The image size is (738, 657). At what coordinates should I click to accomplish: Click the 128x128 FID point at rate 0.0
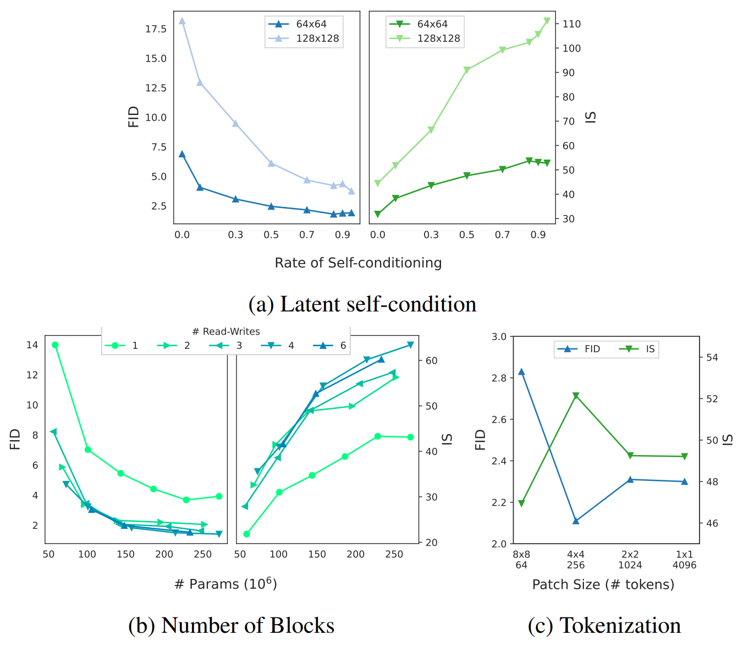point(182,21)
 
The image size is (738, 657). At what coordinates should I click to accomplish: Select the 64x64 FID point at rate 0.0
point(182,154)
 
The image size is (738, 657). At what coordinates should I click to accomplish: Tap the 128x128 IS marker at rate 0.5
point(467,70)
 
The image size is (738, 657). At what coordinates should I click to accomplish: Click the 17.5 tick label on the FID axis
point(156,29)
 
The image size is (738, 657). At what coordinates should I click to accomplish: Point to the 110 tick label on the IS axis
point(571,24)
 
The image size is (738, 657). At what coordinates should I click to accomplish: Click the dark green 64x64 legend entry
point(418,24)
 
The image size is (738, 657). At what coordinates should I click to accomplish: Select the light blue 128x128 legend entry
point(304,39)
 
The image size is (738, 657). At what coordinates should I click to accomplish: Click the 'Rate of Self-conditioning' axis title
point(358,262)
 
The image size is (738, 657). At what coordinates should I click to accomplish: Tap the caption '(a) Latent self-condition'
point(362,304)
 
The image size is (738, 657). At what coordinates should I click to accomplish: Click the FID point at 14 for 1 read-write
point(55,345)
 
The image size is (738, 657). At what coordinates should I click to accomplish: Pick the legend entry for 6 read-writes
point(329,345)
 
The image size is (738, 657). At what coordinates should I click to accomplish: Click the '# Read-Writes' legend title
point(226,331)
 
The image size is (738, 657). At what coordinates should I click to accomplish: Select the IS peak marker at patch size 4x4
point(576,396)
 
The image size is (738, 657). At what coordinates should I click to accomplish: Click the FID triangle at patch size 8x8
point(521,372)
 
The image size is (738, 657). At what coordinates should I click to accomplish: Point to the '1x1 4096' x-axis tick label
point(684,560)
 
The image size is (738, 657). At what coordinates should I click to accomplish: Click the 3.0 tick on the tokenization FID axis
point(499,337)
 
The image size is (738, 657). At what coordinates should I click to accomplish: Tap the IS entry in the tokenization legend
point(637,349)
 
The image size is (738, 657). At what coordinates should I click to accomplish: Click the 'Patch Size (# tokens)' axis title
point(603,584)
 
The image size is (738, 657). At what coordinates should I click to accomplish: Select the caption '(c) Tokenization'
point(604,625)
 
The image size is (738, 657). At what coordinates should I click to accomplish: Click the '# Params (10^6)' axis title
point(226,584)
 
